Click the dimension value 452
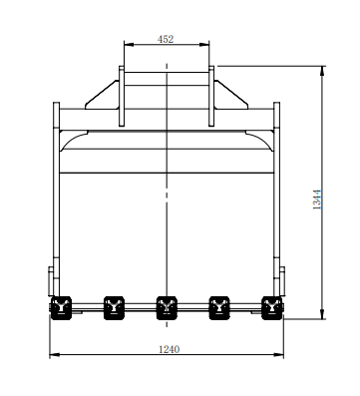(167, 39)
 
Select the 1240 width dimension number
(167, 348)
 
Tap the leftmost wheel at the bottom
(62, 306)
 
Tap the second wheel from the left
(114, 305)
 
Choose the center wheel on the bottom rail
(166, 305)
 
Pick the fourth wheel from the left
(218, 305)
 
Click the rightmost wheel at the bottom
(270, 306)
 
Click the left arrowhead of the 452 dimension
(125, 45)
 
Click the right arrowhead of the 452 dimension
(208, 45)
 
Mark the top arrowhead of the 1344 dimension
(324, 69)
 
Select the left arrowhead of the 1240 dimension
(53, 354)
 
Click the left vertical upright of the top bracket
(121, 96)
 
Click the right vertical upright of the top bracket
(212, 96)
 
